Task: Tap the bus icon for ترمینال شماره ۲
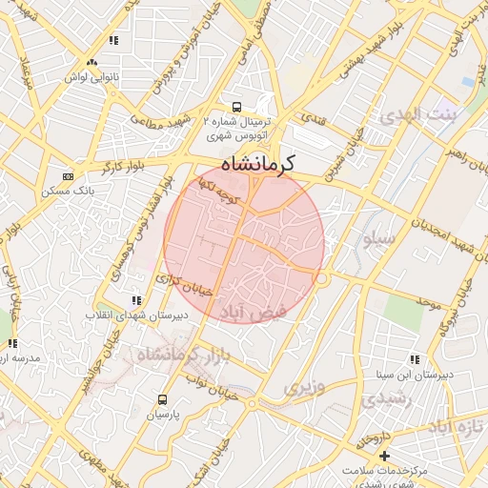237,107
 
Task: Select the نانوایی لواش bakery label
91,74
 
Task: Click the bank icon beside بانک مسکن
68,176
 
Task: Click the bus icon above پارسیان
162,400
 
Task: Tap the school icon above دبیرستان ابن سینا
414,359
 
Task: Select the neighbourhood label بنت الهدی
418,115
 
